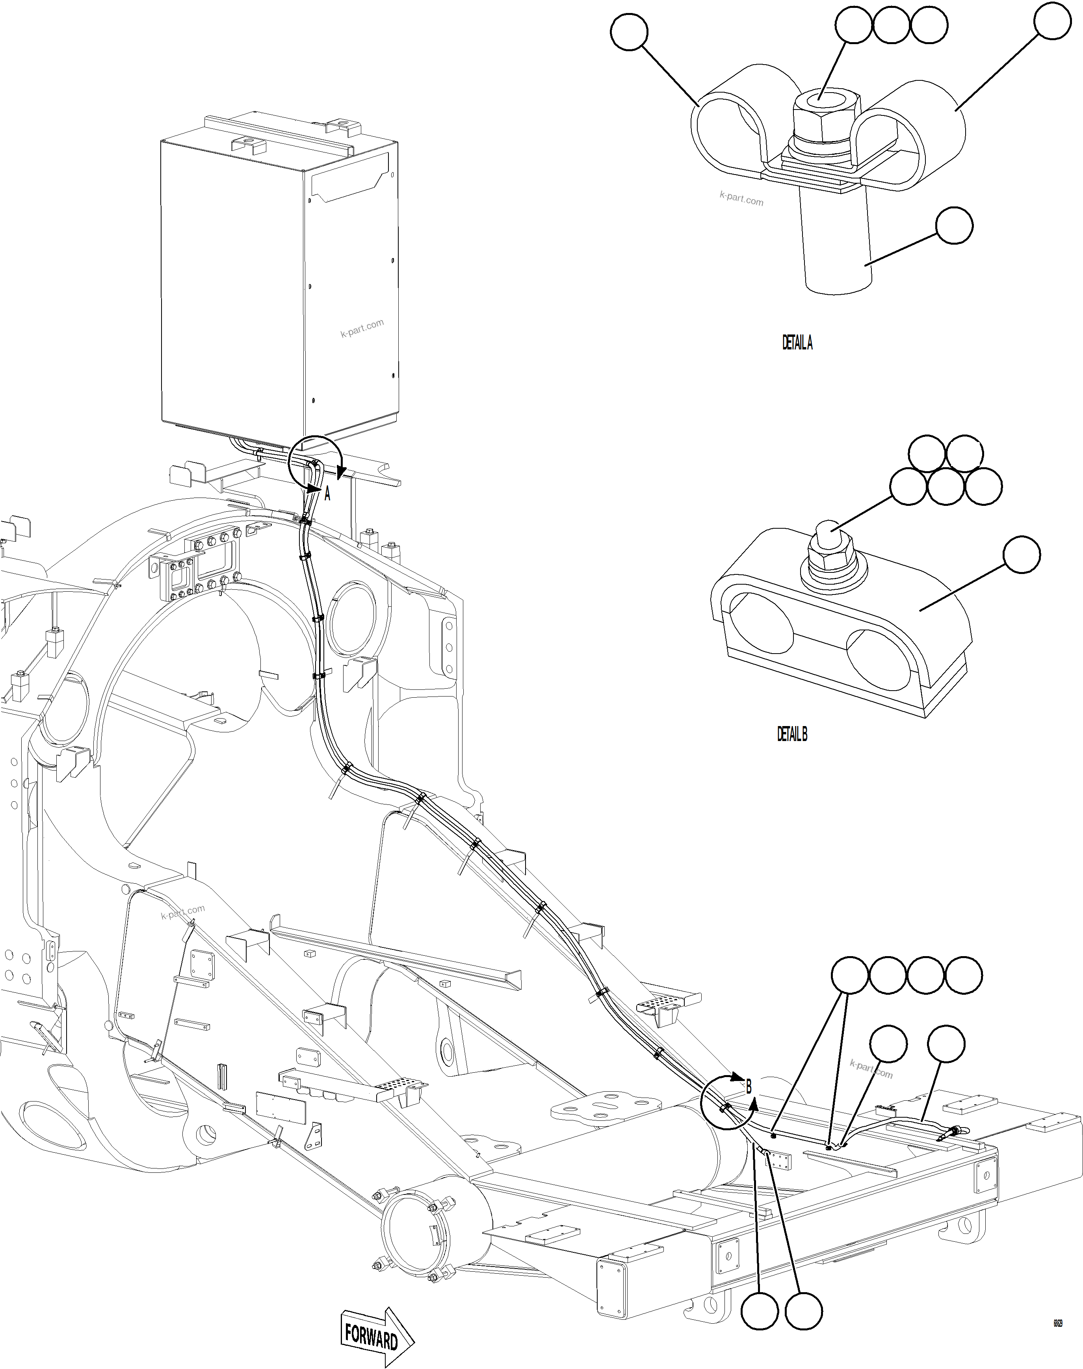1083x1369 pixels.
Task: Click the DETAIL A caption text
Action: (x=797, y=343)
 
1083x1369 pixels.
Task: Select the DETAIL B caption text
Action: (x=792, y=734)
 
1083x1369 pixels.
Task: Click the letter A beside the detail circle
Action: (x=327, y=494)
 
